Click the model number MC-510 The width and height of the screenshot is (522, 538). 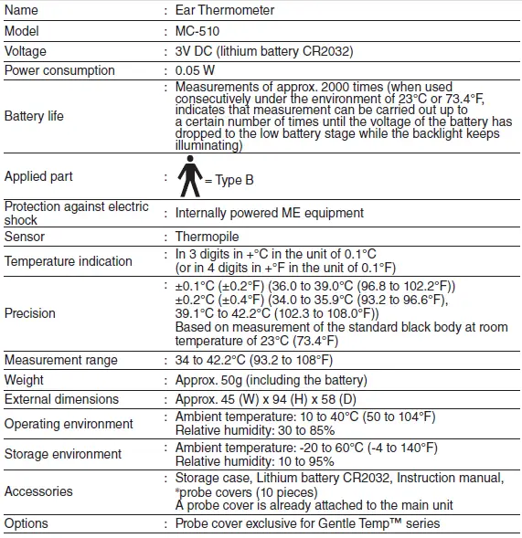pos(197,31)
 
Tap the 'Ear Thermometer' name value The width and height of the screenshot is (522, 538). pos(225,11)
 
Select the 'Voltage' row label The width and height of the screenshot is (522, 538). pos(26,51)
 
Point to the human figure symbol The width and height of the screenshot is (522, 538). pos(188,175)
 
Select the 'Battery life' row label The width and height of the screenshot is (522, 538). pos(34,116)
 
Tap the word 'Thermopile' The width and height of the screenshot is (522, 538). pos(207,237)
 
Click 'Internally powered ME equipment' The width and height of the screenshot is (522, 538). pos(270,213)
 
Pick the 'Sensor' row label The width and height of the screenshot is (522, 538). pos(25,237)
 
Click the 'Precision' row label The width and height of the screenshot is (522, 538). pos(30,313)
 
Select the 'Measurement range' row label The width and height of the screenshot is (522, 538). pos(61,360)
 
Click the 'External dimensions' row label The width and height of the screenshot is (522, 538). pos(62,399)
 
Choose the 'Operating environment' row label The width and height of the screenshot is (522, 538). pos(69,424)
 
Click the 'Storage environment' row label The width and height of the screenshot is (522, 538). pos(63,454)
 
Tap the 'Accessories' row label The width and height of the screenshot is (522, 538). pos(38,491)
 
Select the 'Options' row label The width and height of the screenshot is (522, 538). pos(27,523)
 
